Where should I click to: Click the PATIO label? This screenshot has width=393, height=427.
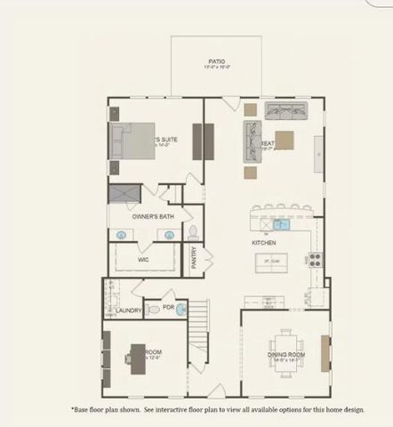point(216,61)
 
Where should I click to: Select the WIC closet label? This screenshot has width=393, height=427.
point(142,260)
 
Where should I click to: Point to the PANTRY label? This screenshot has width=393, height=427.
point(195,257)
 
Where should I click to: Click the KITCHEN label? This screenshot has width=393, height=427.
point(263,242)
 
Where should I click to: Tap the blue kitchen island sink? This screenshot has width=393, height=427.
point(280,225)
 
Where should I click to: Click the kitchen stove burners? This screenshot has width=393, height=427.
point(314,261)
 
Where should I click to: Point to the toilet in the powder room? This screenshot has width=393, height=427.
point(154,310)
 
